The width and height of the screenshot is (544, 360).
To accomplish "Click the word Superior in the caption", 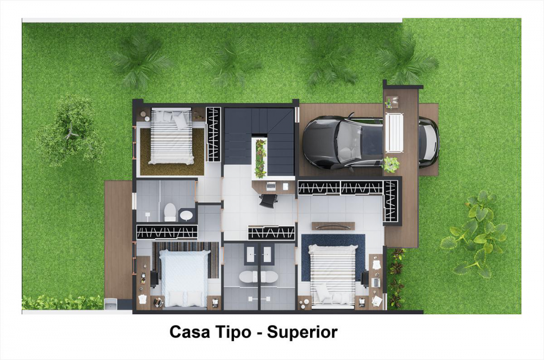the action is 302,332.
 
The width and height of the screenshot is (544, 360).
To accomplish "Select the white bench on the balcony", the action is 394,133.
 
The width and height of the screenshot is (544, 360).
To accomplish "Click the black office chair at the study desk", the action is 269,201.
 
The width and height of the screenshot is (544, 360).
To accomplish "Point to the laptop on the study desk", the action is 271,186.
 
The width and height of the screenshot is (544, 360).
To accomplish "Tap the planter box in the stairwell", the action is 260,158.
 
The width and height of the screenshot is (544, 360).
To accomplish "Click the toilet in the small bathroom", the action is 170,212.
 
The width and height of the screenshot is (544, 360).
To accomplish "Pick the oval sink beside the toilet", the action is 186,215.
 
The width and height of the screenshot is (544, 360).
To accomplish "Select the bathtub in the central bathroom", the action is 258,276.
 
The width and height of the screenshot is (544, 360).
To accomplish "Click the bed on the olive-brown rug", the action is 171,136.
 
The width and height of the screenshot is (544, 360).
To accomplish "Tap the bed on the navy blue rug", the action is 333,276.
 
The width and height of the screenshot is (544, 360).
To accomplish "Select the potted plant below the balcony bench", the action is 391,164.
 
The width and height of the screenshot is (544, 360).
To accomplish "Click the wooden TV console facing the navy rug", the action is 333,226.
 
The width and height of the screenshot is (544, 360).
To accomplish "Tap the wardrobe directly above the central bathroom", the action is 271,232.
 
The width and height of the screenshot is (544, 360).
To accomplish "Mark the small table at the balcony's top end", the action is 392,102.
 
